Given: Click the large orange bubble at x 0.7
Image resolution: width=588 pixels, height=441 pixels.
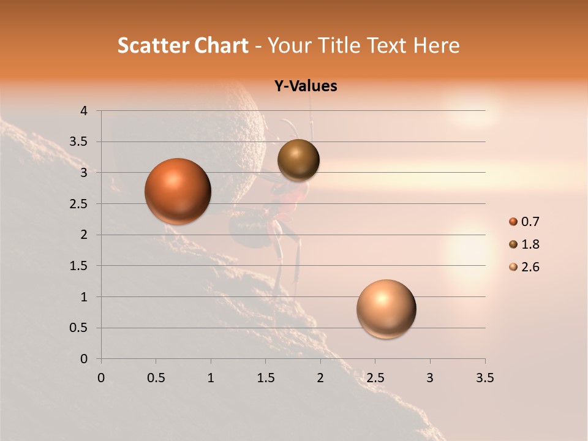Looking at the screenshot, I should point(178,191).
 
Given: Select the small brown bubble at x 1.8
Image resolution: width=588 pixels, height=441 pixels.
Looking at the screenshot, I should point(298,160).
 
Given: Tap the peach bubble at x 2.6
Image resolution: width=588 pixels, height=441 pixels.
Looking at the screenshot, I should point(386,309).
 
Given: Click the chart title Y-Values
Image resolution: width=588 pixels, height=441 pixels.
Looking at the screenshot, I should point(305,86).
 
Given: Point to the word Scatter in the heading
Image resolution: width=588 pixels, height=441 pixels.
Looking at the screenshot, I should point(153,45).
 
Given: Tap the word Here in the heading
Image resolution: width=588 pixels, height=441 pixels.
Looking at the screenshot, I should point(435,45).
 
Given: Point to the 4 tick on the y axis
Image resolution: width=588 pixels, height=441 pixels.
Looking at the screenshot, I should point(84,111).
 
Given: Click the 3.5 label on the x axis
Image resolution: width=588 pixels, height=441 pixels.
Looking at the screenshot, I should point(484,378).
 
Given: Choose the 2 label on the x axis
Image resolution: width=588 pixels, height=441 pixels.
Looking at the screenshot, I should point(320,378).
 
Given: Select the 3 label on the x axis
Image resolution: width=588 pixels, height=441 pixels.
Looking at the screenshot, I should point(430,378).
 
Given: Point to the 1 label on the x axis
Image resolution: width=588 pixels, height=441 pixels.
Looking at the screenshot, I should point(211,378).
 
